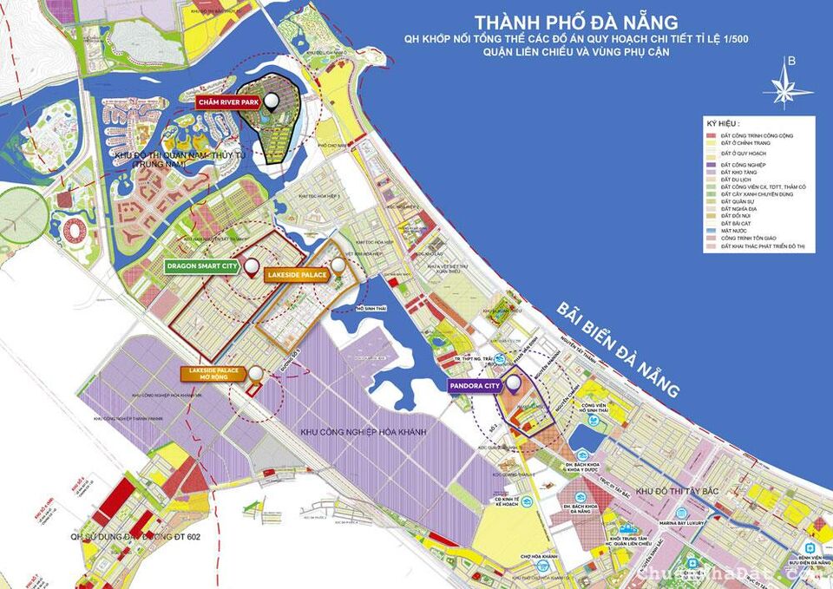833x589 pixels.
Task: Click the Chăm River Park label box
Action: [226, 102]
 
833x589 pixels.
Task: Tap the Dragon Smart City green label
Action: [201, 266]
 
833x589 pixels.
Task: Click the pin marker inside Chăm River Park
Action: [272, 102]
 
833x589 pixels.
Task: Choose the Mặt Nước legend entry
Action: [729, 230]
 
